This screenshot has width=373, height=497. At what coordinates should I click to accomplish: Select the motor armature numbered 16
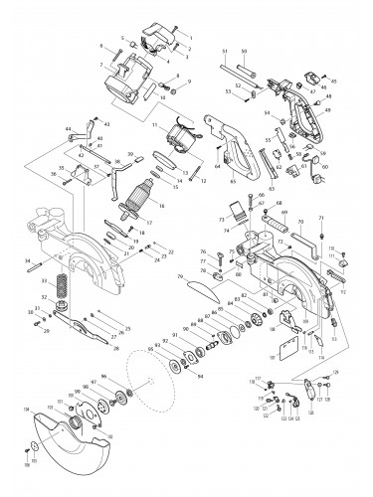129,205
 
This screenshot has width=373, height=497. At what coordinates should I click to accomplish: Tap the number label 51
225,51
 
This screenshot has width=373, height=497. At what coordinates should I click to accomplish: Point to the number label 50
245,51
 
